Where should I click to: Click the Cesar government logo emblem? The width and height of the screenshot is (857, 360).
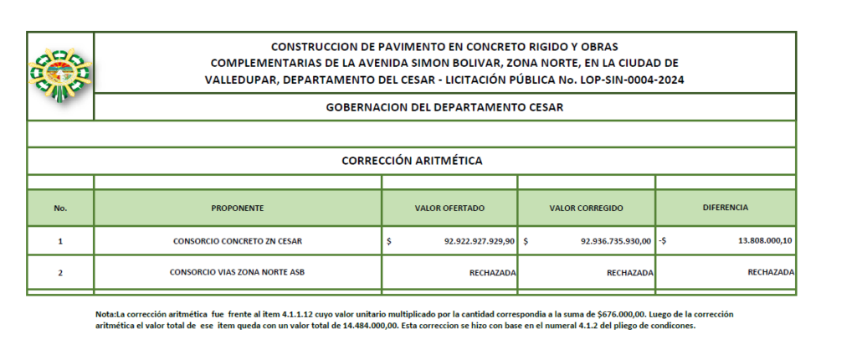click(x=59, y=73)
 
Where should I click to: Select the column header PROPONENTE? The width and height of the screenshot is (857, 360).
click(x=238, y=208)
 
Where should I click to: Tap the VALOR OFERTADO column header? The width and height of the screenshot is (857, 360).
click(x=449, y=208)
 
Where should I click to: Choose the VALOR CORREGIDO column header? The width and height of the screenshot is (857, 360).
click(x=586, y=208)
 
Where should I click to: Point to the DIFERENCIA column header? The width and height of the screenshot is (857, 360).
click(x=725, y=207)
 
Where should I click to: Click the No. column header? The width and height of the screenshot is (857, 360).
click(x=60, y=208)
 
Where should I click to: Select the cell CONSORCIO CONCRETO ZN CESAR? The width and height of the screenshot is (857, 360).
click(x=238, y=241)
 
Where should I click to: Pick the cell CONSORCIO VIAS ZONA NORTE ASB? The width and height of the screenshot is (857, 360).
click(x=238, y=272)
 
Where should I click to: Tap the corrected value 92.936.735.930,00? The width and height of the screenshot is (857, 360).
click(x=616, y=241)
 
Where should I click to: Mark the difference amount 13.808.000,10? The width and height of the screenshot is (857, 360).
click(x=764, y=241)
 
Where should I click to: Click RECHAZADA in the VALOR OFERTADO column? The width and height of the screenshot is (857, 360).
click(x=492, y=273)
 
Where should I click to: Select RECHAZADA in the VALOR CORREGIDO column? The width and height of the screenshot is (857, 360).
click(x=629, y=273)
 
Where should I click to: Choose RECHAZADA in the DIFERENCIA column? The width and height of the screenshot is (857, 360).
click(x=770, y=272)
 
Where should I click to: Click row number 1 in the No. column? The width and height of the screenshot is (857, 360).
click(x=60, y=241)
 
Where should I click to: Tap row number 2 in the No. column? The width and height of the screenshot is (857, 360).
click(x=60, y=273)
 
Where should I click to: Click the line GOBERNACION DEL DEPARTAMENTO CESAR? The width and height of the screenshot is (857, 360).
click(x=444, y=107)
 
